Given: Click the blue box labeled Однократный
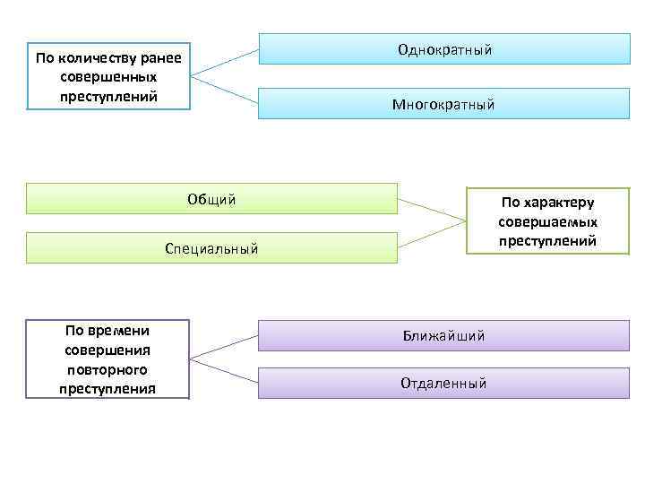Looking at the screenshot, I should [444, 49].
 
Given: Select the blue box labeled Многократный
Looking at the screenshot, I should [444, 104].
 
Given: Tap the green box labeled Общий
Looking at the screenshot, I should [211, 199].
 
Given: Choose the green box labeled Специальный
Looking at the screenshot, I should [211, 248].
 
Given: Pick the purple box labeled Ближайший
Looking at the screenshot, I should [444, 335].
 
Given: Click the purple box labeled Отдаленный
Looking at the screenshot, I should [444, 384].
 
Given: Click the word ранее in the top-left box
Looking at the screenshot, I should [161, 59].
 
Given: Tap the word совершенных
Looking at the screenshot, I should [108, 77].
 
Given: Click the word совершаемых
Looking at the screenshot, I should [548, 221].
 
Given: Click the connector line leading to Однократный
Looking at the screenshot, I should [225, 60].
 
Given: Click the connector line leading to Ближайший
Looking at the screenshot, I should [224, 345].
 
